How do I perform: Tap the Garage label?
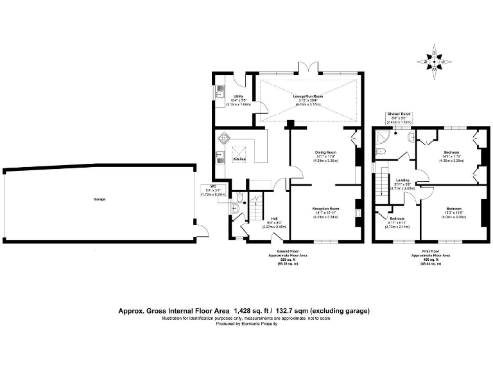[x=98, y=199]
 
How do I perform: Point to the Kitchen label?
[x=239, y=159]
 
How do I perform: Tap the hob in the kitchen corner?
[x=225, y=138]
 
